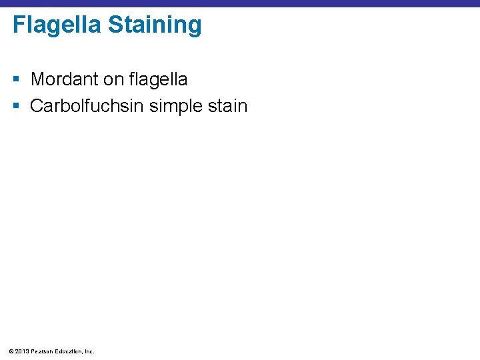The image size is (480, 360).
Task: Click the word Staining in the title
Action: click(155, 25)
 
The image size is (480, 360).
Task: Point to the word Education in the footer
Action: click(69, 351)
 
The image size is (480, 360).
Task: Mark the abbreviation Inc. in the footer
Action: click(89, 351)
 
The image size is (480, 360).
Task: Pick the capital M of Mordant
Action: click(37, 79)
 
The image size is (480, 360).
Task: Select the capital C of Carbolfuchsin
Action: click(36, 106)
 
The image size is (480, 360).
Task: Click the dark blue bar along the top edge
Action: click(240, 3)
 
